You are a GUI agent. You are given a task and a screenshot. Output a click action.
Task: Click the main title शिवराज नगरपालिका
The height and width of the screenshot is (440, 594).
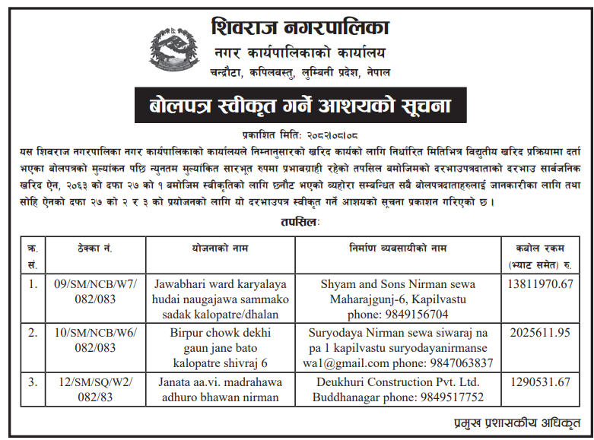(x=300, y=28)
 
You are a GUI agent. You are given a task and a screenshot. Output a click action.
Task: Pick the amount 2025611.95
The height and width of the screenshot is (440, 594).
(x=538, y=332)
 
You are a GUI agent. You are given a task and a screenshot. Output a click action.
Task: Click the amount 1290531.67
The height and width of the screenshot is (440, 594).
(x=538, y=381)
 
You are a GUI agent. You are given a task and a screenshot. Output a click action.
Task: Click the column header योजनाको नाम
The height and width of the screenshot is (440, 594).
(x=222, y=248)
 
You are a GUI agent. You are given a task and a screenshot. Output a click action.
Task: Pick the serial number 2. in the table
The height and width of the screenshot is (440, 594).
(x=32, y=332)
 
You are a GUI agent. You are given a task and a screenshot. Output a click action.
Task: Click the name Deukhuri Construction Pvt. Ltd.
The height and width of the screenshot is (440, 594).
(x=399, y=381)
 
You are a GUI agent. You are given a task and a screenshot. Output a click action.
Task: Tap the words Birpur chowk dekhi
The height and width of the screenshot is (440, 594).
(x=222, y=332)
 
